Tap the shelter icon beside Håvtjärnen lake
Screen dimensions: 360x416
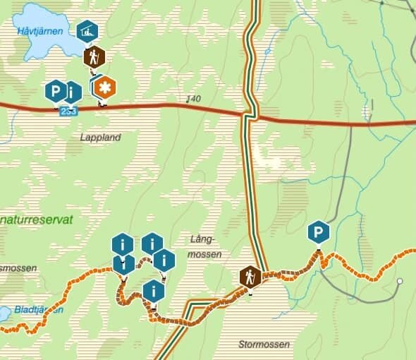tap(87, 31)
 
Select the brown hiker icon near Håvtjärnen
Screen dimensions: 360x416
tap(94, 56)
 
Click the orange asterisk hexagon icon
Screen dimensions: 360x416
tap(106, 88)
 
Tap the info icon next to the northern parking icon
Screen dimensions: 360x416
tap(73, 91)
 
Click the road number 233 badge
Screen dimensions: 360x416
tap(68, 112)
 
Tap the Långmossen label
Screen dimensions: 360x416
tap(206, 246)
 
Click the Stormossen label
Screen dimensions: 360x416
tap(264, 344)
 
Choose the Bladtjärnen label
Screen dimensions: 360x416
tap(39, 309)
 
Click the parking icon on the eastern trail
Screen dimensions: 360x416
tap(319, 232)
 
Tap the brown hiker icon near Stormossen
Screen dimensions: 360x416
tap(250, 277)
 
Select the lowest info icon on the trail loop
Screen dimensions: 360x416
tap(153, 290)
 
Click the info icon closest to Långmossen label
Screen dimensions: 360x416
tap(164, 260)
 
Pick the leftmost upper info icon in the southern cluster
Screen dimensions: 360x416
tap(123, 245)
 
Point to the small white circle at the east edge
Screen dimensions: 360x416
tap(400, 282)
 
